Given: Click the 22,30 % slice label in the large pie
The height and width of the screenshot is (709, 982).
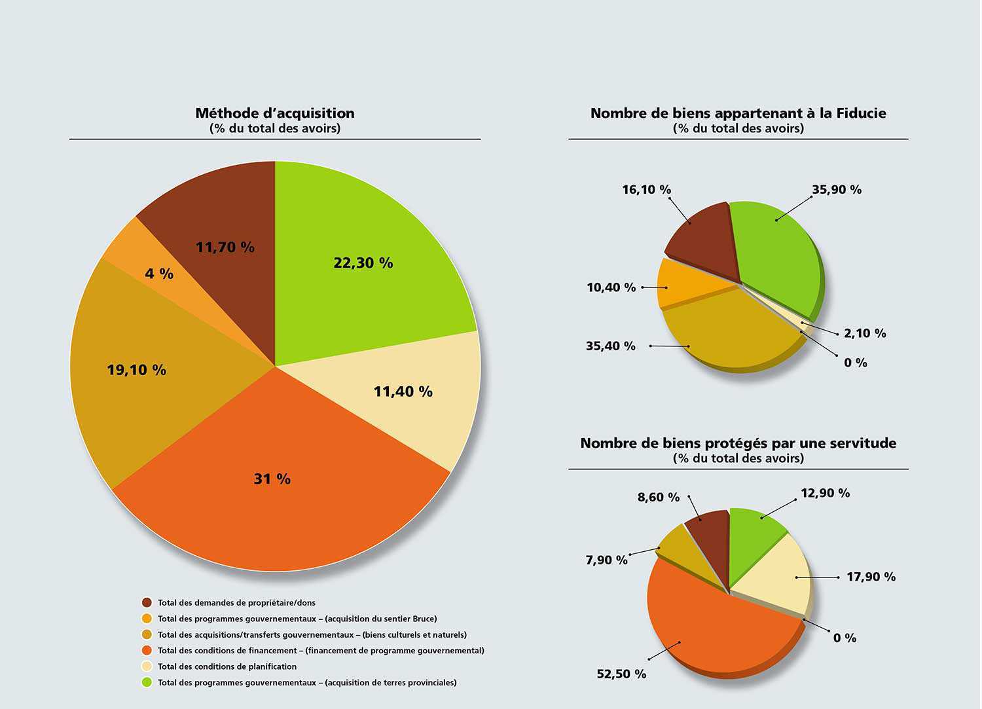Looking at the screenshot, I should tap(363, 263).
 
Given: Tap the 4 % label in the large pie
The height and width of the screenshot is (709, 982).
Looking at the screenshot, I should tap(159, 274).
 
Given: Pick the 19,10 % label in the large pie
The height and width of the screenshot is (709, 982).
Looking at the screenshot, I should tap(136, 370).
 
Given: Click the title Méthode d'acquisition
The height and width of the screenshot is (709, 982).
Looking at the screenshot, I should tap(275, 113).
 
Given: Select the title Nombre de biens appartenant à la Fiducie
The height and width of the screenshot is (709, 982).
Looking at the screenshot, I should tap(738, 113).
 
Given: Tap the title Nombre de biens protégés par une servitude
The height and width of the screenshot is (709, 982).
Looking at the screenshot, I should tap(738, 443).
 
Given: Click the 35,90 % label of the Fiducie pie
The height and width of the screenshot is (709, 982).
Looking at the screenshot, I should tap(837, 190).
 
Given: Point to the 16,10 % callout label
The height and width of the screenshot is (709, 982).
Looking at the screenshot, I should tap(646, 190).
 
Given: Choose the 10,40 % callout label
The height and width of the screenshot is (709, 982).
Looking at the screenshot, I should tap(611, 287).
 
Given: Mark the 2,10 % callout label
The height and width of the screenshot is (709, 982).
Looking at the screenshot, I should tap(865, 333).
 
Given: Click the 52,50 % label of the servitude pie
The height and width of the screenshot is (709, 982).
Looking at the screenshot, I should tap(621, 674).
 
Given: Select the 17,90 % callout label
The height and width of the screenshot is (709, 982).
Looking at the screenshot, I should tap(871, 577).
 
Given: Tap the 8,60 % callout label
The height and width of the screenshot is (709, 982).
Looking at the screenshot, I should tap(659, 498).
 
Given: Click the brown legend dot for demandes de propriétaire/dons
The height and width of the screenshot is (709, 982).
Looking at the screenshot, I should tap(147, 602).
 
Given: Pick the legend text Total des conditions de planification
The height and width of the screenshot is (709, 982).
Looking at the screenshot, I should tap(227, 666).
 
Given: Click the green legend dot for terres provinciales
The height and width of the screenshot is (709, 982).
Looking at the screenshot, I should tap(147, 683).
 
